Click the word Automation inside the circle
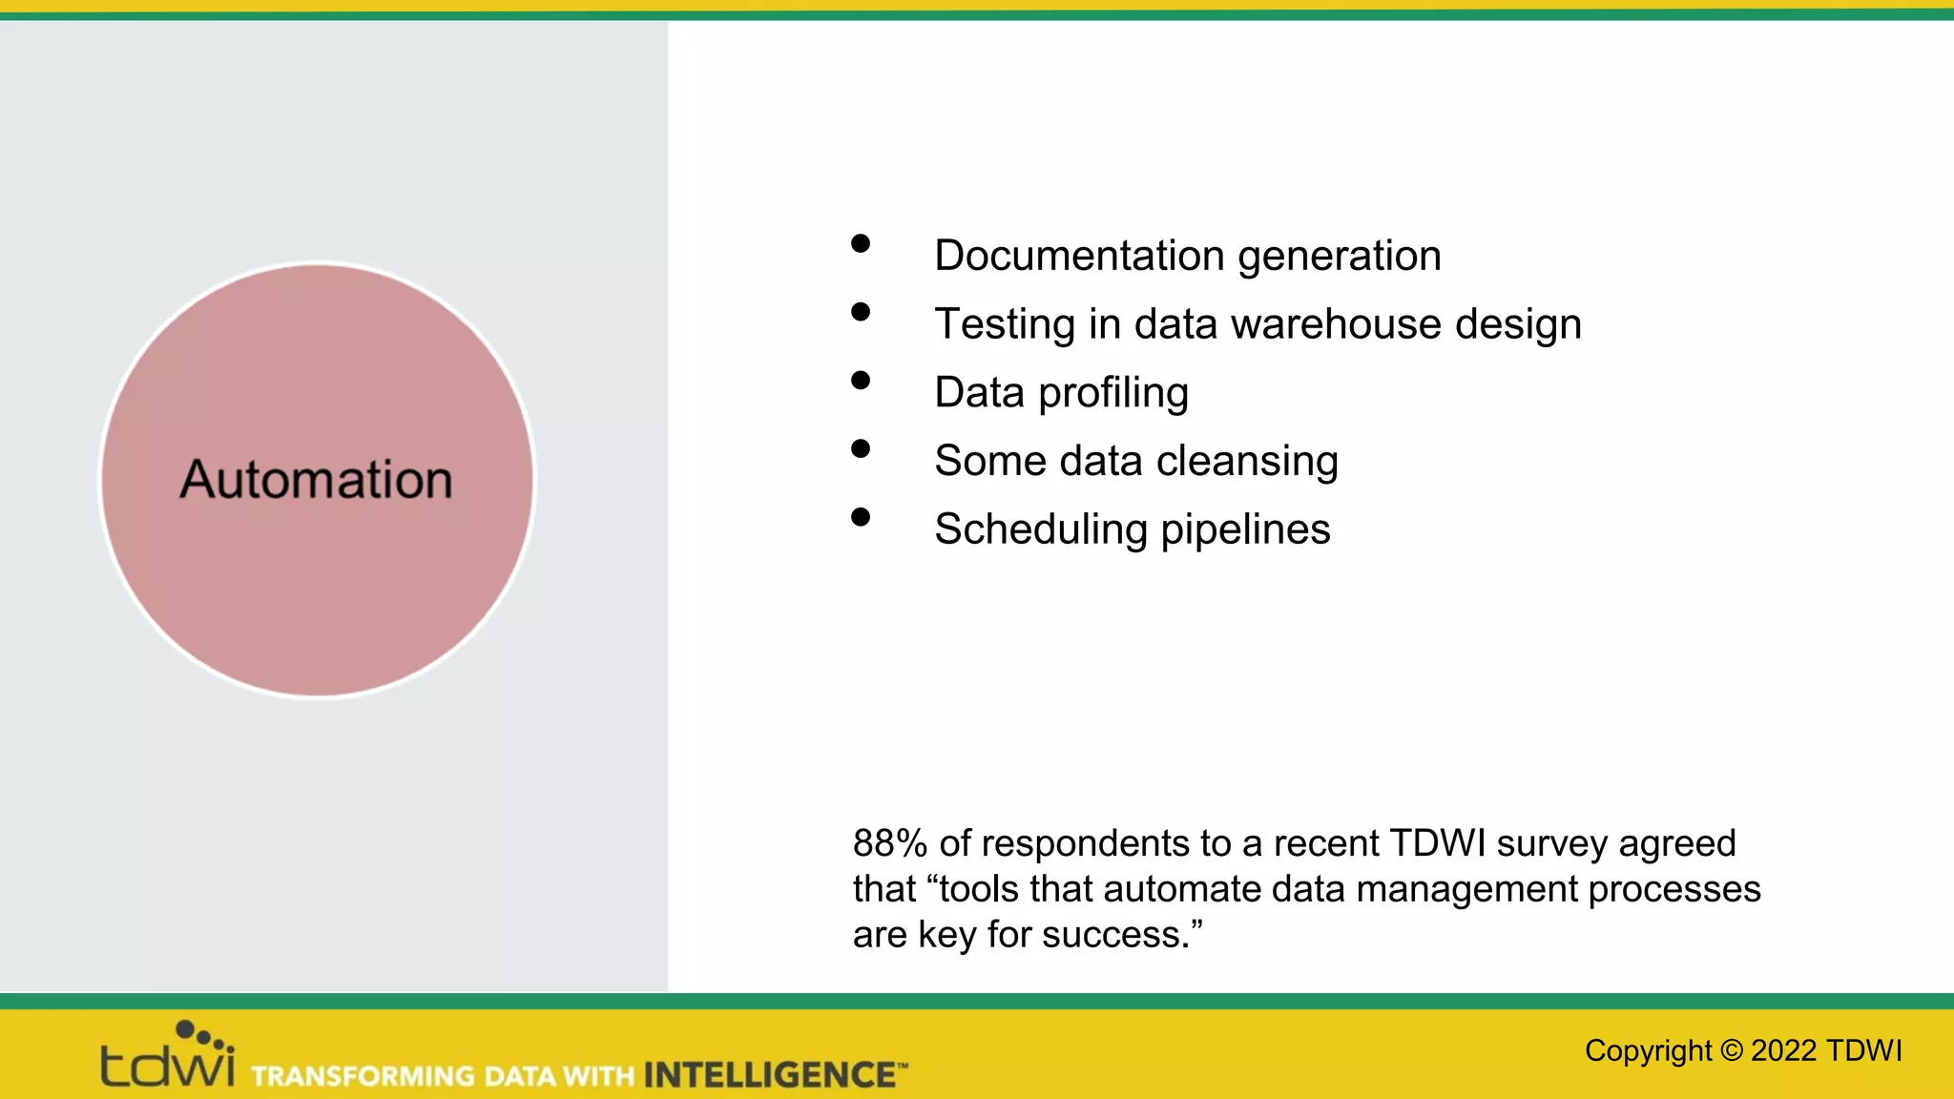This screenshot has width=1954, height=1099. (x=316, y=479)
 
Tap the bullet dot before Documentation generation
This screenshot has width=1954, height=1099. (x=861, y=243)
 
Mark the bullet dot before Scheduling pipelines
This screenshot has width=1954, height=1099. (x=861, y=517)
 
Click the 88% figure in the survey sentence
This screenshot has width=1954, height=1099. (x=889, y=843)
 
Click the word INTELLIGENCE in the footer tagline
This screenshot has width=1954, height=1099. (x=768, y=1075)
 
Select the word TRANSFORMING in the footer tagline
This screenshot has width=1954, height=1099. (x=363, y=1076)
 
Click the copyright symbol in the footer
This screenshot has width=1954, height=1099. (x=1732, y=1050)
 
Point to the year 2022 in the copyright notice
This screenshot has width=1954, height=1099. (x=1783, y=1050)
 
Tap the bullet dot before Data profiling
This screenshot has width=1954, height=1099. (x=861, y=381)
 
